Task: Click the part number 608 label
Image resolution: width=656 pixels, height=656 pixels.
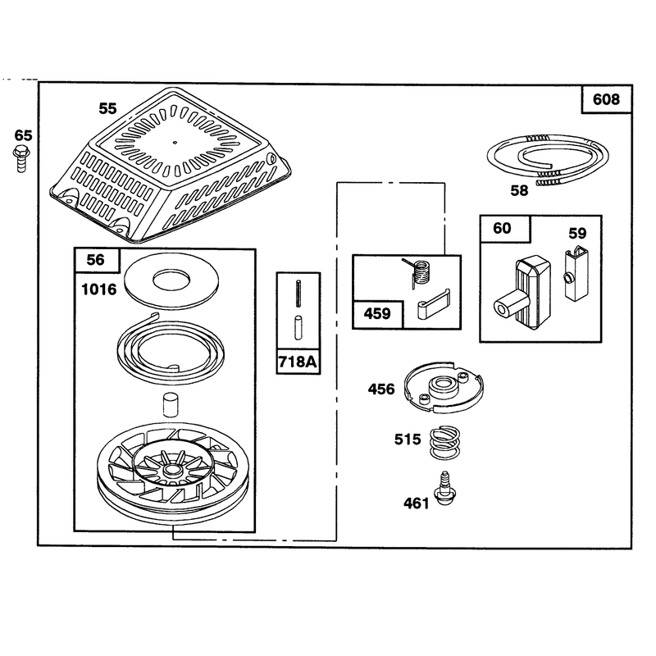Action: click(x=606, y=99)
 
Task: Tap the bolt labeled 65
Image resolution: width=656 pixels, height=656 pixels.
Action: click(x=21, y=158)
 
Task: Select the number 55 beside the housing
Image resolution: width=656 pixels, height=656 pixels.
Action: click(x=107, y=109)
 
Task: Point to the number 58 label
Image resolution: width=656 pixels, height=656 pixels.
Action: click(x=519, y=191)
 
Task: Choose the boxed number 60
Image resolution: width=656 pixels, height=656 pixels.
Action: click(x=502, y=229)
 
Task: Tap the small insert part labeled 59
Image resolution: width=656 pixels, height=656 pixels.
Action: click(x=576, y=274)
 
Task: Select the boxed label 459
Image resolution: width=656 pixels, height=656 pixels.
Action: click(x=377, y=314)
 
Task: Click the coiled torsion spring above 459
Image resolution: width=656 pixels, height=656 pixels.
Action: click(x=417, y=273)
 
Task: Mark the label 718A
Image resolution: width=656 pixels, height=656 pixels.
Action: click(x=298, y=362)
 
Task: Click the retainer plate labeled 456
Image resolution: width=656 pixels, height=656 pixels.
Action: click(x=444, y=388)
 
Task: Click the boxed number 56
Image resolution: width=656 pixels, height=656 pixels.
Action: click(x=95, y=260)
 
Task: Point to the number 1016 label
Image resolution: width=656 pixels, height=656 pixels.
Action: click(x=98, y=289)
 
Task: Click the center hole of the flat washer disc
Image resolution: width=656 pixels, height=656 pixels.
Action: click(x=171, y=280)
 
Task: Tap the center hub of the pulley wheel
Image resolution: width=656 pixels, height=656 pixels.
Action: click(x=171, y=470)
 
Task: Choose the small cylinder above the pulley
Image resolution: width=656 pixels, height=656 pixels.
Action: click(x=171, y=404)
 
